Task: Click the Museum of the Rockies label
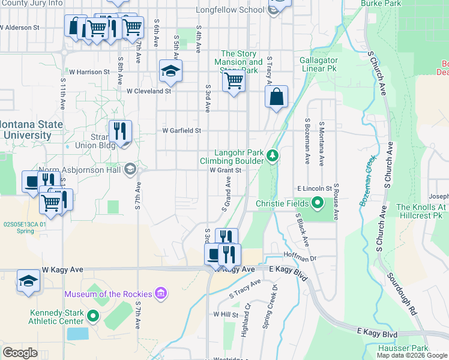pos(109,293)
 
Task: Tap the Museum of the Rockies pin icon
pos(160,293)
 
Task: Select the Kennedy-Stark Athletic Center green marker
pos(92,316)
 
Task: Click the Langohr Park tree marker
pos(273,156)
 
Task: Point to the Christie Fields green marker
pos(316,204)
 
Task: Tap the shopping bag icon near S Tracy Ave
pos(276,97)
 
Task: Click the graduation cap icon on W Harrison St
pos(170,71)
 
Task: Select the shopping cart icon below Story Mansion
pos(234,80)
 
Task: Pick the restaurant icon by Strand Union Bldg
pos(120,131)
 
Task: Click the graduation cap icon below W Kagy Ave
pos(28,281)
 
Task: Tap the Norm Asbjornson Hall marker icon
pos(130,169)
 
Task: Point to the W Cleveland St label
pos(149,91)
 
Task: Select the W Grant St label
pos(225,170)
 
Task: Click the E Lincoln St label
pos(315,188)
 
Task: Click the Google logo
pos(20,353)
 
